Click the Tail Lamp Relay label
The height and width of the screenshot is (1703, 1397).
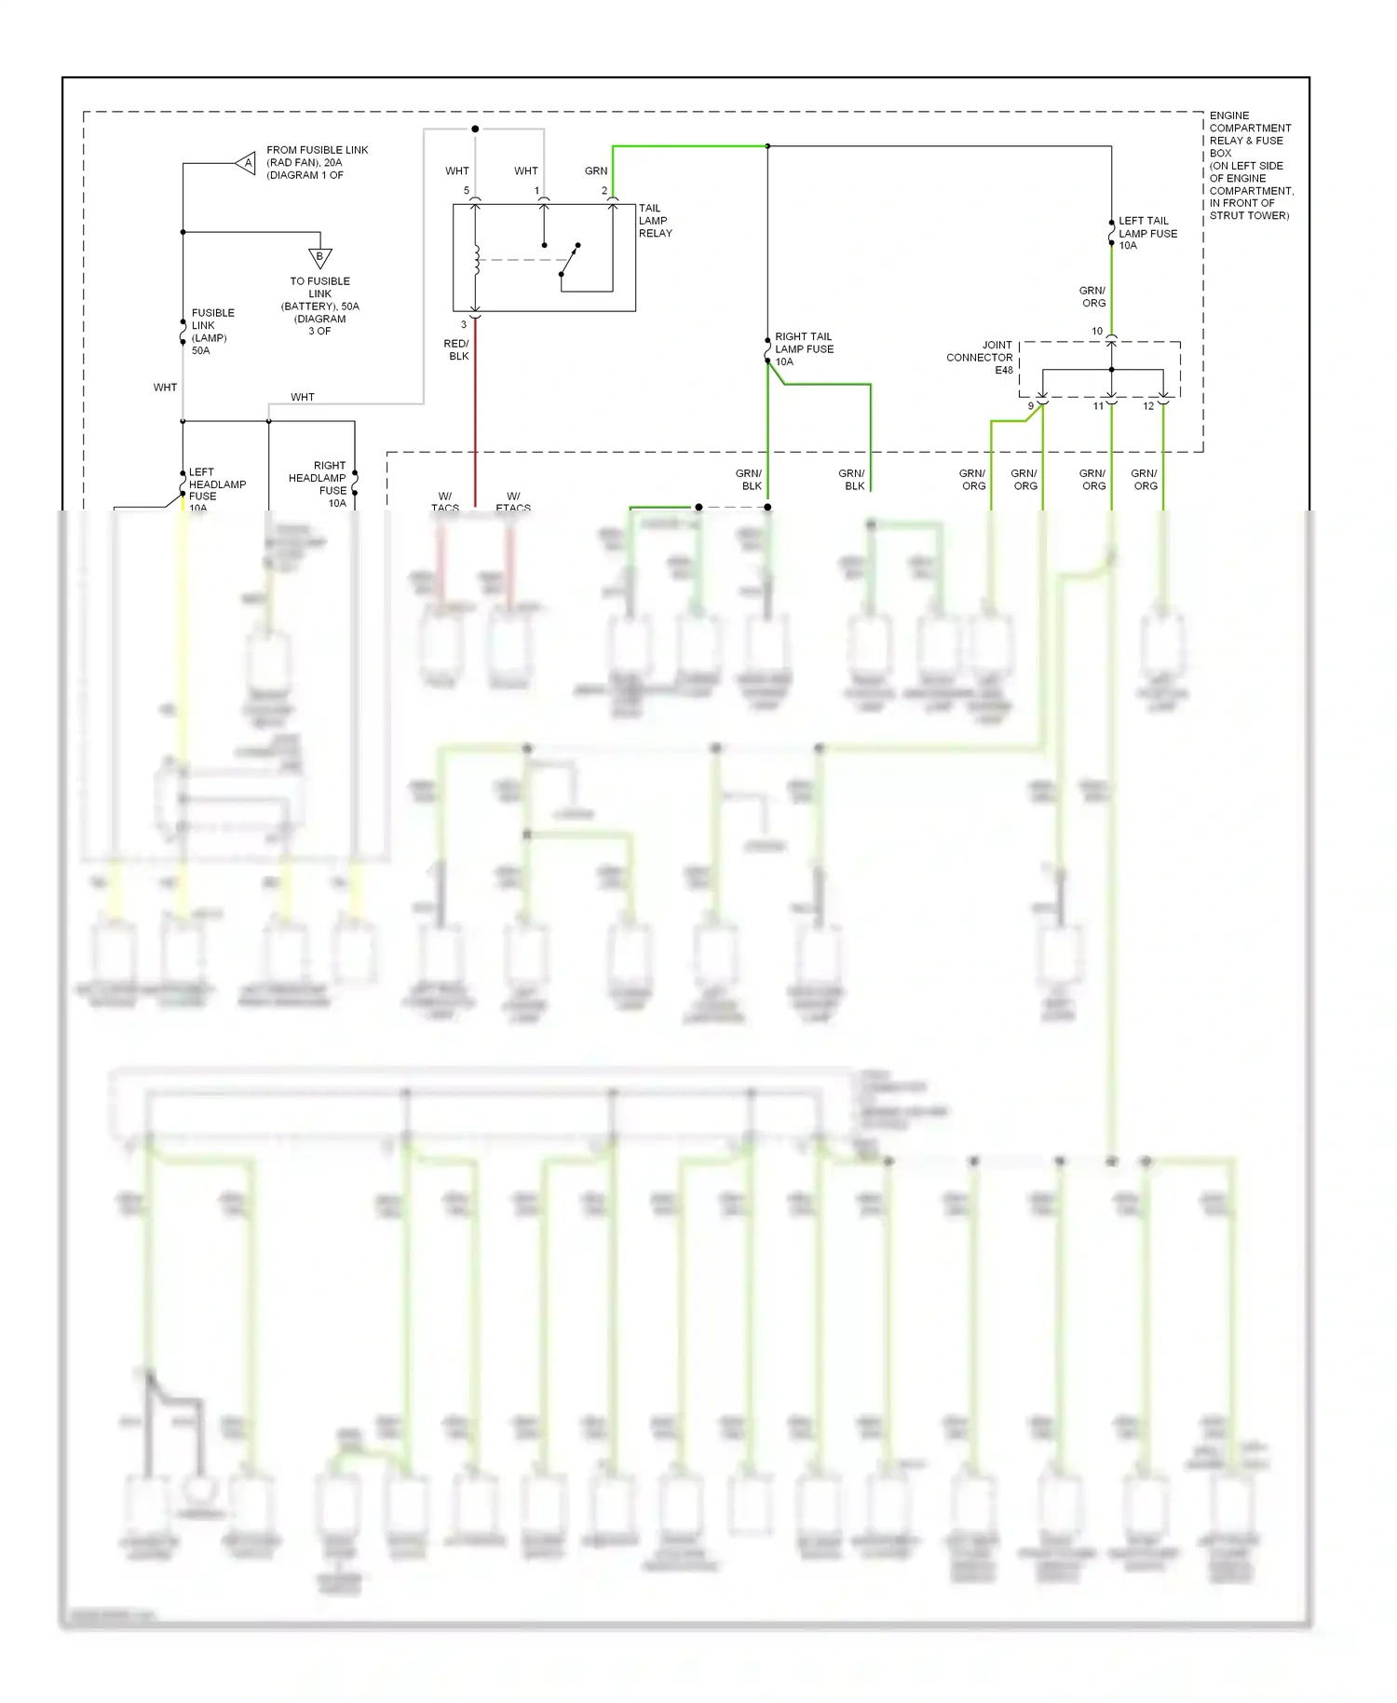655,221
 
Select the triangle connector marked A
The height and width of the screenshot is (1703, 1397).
247,163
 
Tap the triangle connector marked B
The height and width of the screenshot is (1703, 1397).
320,257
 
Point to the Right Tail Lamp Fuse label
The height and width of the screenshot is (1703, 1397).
804,349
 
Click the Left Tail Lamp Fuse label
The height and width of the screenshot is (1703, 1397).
1147,233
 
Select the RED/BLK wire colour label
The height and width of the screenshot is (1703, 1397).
457,349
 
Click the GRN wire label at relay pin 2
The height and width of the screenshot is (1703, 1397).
596,170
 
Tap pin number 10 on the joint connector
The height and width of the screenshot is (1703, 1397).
1097,331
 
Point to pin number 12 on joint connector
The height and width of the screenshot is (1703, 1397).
1148,406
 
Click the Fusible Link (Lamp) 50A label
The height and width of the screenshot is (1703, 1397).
212,332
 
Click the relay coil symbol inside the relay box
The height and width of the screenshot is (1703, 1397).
476,260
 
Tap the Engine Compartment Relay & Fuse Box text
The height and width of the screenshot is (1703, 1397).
1251,165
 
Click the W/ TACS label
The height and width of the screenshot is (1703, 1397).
445,502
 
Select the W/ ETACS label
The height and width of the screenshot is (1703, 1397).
513,502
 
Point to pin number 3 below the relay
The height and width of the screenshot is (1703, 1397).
464,324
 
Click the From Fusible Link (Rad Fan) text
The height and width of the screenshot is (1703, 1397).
317,162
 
